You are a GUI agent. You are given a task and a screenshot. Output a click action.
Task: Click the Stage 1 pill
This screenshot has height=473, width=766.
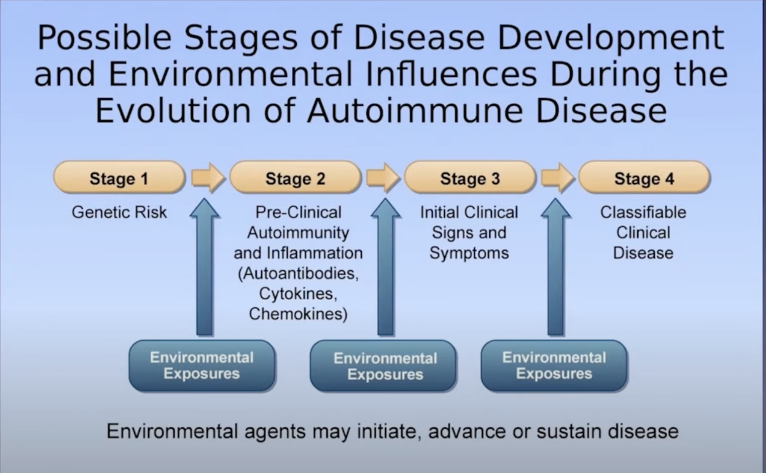[119, 178]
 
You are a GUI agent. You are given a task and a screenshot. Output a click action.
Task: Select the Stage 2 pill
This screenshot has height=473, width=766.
[295, 178]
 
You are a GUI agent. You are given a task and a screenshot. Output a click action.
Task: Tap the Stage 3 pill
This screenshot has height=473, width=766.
[470, 178]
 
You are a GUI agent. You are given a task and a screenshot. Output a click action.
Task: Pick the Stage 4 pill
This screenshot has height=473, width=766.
[644, 178]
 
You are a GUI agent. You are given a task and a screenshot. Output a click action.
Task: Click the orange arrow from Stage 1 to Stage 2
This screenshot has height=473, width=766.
[208, 178]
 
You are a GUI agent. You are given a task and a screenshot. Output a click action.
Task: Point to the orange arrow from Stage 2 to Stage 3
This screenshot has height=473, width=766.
[383, 178]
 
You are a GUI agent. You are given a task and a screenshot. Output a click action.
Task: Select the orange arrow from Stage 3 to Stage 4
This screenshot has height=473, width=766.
[557, 178]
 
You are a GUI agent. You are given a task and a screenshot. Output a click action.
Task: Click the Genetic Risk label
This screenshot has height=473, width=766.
[119, 212]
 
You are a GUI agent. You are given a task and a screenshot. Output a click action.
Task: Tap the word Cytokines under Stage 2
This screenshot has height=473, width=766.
[298, 294]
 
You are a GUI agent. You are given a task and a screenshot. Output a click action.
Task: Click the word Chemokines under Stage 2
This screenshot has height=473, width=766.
[298, 314]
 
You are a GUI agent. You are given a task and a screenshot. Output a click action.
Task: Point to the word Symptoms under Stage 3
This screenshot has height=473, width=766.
[469, 253]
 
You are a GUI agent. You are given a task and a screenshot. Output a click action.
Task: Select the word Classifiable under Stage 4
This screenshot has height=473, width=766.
[643, 212]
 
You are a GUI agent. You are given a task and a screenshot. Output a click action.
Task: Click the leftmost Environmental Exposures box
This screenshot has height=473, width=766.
[202, 365]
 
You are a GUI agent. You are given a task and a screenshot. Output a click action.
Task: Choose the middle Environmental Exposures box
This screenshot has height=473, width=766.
[383, 366]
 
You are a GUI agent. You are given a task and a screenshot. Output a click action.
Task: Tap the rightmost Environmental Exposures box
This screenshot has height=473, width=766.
[554, 365]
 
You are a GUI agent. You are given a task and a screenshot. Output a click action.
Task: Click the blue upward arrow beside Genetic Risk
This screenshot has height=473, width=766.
[204, 271]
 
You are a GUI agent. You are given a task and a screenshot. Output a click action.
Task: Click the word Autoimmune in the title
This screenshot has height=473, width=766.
[415, 111]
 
